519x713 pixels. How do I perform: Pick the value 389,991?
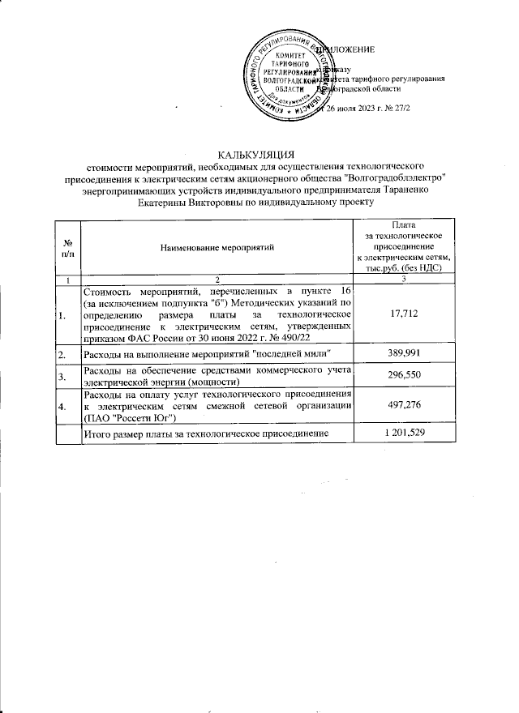pos(403,355)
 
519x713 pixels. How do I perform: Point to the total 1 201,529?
pos(403,434)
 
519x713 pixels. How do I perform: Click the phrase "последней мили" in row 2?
pos(294,355)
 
